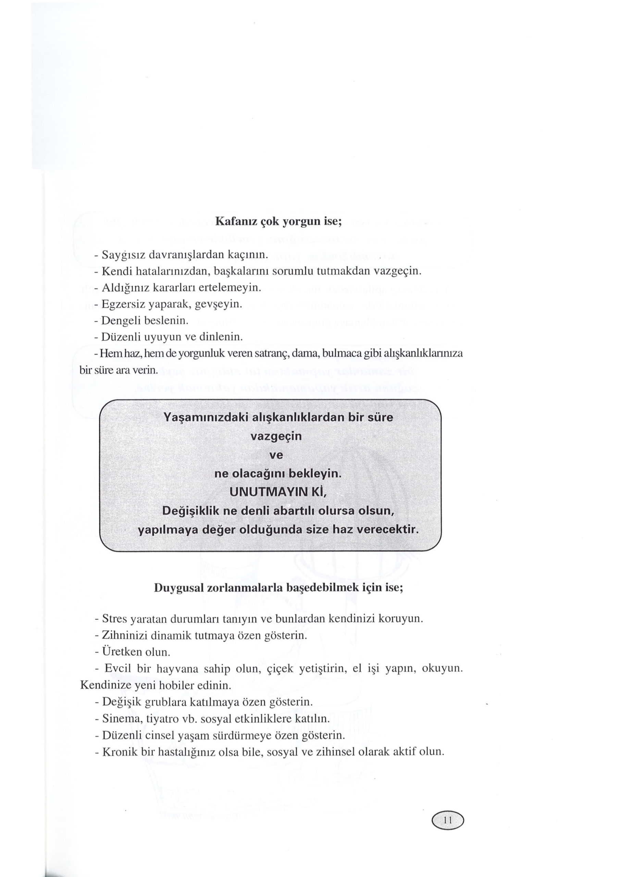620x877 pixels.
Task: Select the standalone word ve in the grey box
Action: coord(276,455)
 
